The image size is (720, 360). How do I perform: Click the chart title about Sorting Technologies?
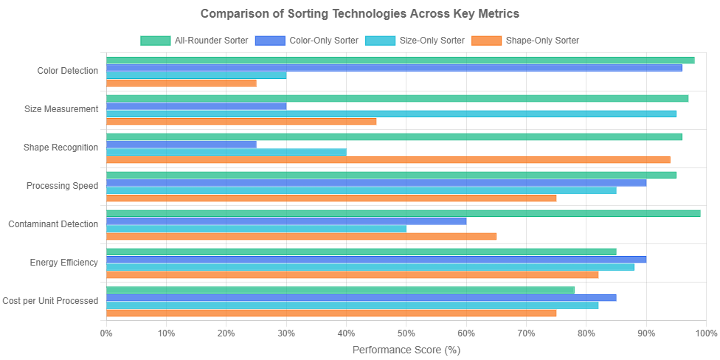[x=360, y=14]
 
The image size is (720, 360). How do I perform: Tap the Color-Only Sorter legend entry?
[x=307, y=41]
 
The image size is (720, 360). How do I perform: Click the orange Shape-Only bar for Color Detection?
[x=181, y=83]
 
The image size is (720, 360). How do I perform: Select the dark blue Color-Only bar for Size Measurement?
[x=196, y=106]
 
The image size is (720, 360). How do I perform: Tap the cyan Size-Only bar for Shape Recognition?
[x=226, y=152]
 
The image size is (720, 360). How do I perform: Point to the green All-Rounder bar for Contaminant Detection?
[x=404, y=213]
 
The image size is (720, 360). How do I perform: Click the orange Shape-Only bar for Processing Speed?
[x=331, y=198]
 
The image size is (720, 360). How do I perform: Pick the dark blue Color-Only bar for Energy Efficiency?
[x=376, y=260]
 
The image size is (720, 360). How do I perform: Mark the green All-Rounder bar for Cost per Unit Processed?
[x=340, y=290]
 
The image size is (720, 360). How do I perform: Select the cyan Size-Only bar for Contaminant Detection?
[x=256, y=229]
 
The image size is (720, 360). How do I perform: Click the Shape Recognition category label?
[x=61, y=148]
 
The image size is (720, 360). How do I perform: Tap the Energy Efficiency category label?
[x=64, y=263]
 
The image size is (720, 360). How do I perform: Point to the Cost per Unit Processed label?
[x=50, y=301]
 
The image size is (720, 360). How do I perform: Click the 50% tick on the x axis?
[x=406, y=333]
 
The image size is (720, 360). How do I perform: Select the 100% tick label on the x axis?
[x=705, y=333]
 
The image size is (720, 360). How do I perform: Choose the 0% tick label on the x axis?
[x=106, y=333]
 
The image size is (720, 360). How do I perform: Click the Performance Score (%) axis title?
[x=406, y=350]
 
